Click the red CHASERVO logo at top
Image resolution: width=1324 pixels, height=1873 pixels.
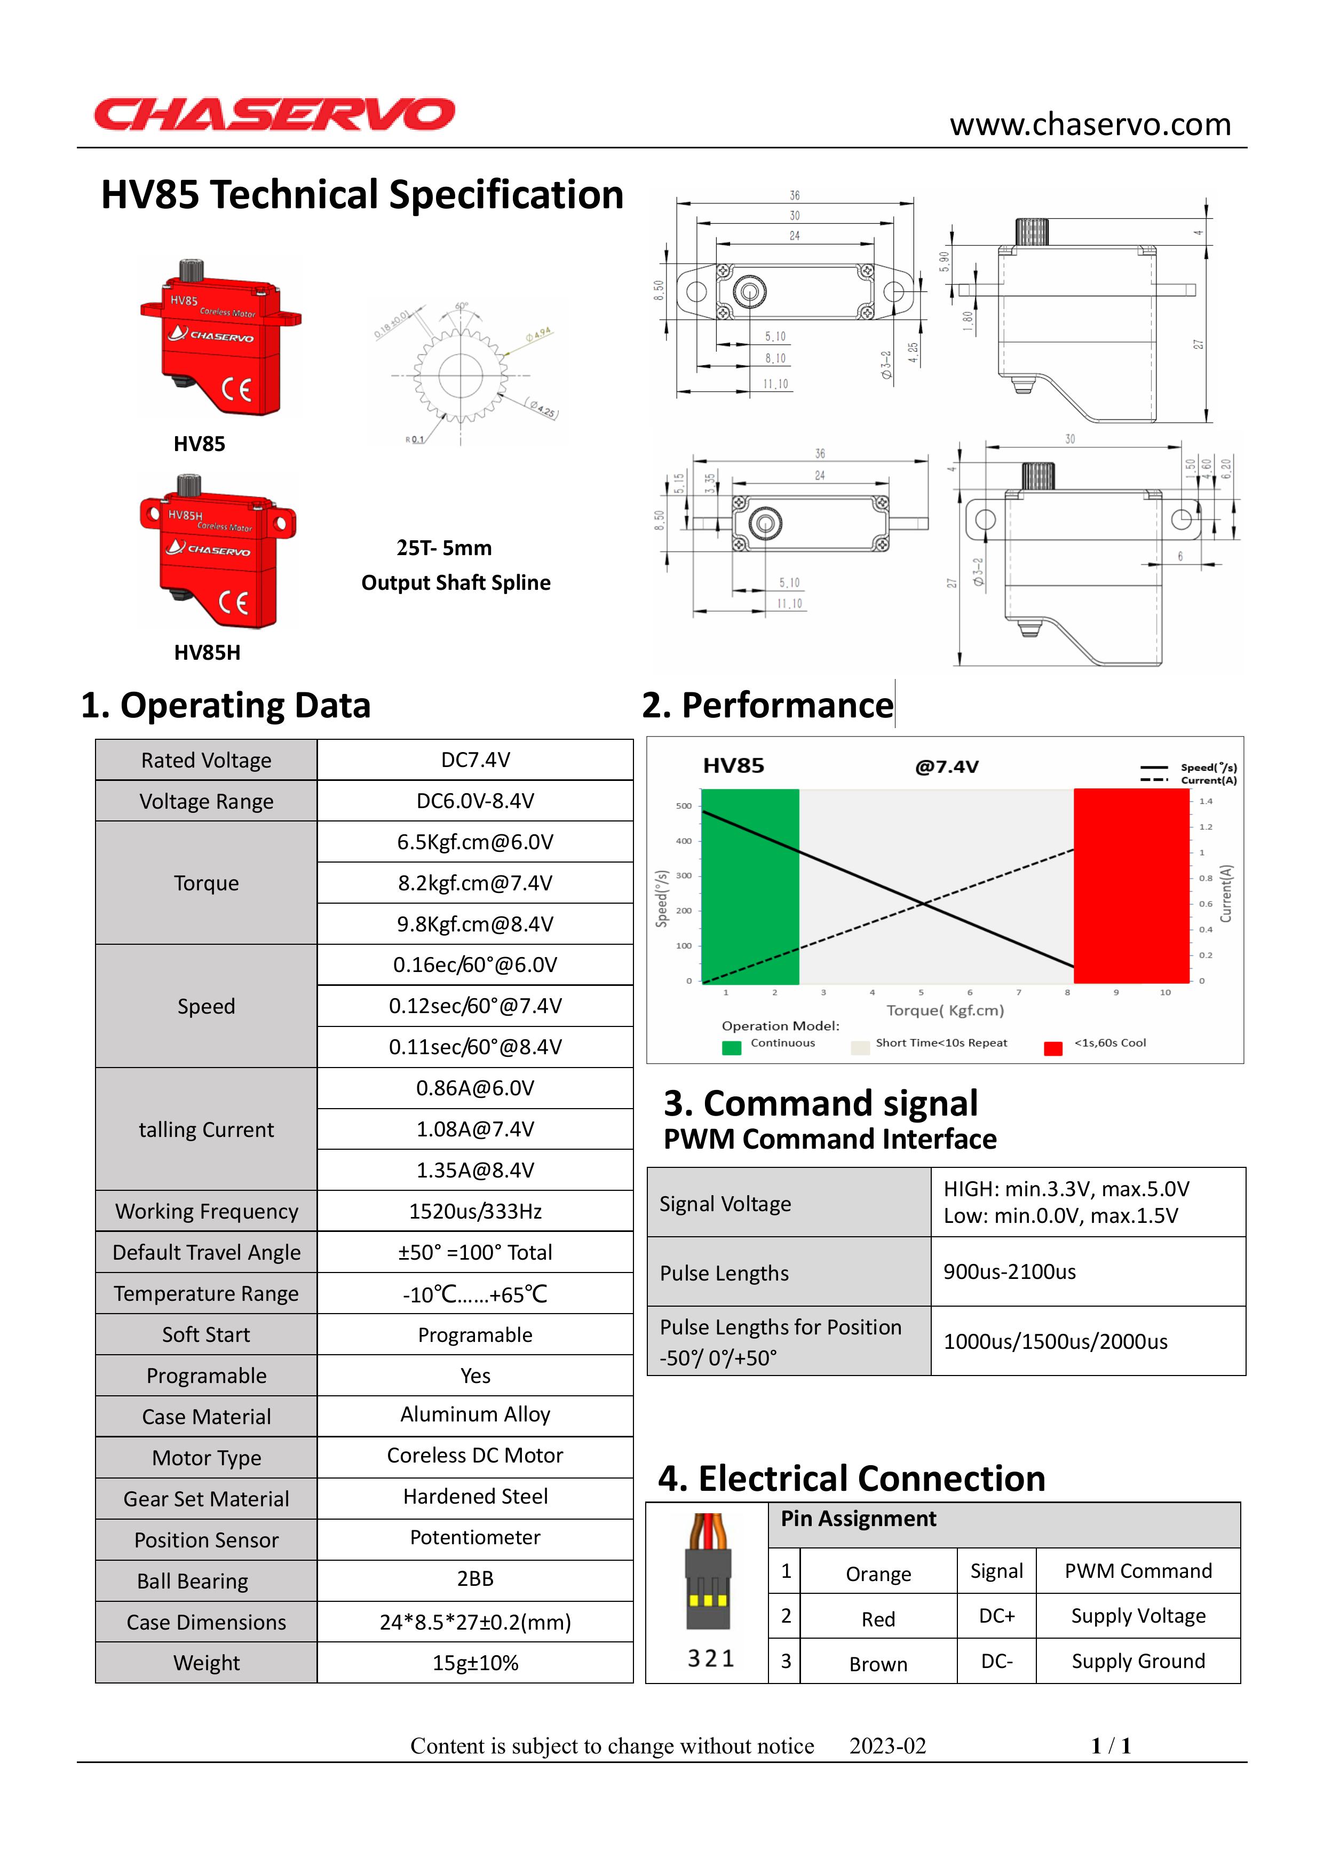274,114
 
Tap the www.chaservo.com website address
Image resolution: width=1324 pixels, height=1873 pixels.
1090,125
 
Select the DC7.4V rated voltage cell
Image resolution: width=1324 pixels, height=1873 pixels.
475,760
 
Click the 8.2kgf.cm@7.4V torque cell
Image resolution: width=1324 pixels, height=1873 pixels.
475,883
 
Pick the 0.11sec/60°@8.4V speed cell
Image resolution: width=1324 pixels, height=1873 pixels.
475,1047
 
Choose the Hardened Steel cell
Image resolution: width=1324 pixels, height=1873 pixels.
475,1496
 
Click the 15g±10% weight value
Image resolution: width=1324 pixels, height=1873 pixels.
475,1663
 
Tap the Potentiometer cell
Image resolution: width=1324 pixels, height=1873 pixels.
475,1538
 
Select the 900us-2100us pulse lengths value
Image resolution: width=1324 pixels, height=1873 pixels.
1009,1272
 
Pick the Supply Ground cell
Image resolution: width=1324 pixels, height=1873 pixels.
1138,1661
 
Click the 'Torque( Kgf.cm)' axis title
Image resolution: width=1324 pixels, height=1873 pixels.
945,1011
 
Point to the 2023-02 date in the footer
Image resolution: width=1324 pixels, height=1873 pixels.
887,1746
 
